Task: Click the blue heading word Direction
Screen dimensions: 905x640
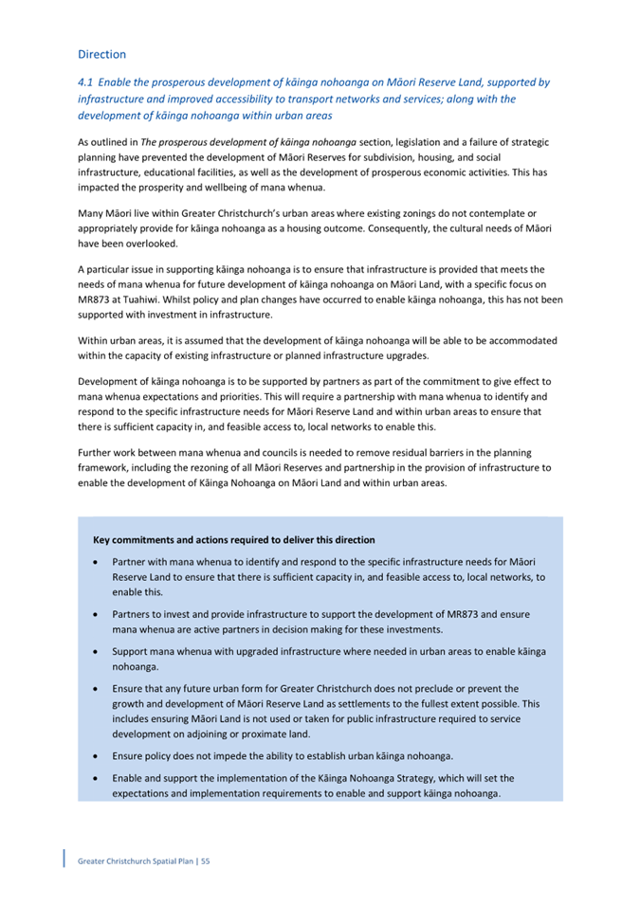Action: (101, 55)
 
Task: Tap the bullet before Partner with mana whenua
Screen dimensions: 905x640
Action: (97, 562)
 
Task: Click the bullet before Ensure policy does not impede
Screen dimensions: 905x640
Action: (97, 756)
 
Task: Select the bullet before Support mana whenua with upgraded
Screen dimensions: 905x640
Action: (97, 652)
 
